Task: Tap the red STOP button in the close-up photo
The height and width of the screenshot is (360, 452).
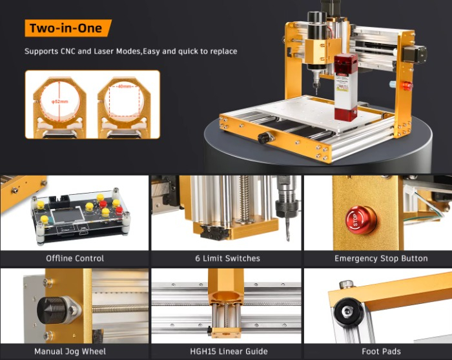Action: [x=361, y=219]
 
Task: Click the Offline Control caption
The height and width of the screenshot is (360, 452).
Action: [x=75, y=258]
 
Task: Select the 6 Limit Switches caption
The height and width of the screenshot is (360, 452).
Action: [x=227, y=258]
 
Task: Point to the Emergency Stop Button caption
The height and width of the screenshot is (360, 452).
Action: [x=380, y=258]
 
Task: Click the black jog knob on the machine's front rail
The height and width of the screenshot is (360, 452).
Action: [x=263, y=137]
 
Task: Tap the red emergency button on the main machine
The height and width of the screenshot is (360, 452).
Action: [x=407, y=85]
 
